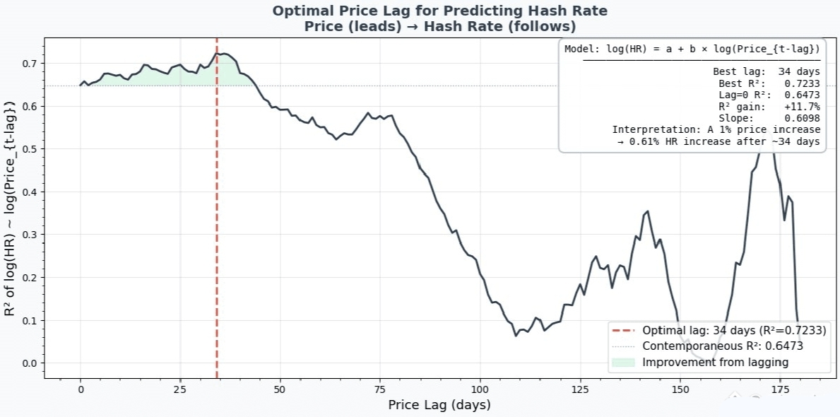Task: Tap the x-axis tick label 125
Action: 580,389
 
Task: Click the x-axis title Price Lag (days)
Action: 439,405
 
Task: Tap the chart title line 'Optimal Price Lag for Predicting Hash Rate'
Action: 440,11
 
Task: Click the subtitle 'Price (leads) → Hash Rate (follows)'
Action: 440,27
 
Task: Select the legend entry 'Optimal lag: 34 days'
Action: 734,331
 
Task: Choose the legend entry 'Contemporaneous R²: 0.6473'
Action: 722,346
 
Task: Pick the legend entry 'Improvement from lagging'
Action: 715,363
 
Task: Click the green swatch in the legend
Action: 624,363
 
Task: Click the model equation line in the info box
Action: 692,49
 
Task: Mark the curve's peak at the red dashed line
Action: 217,54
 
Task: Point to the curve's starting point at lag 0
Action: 81,86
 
